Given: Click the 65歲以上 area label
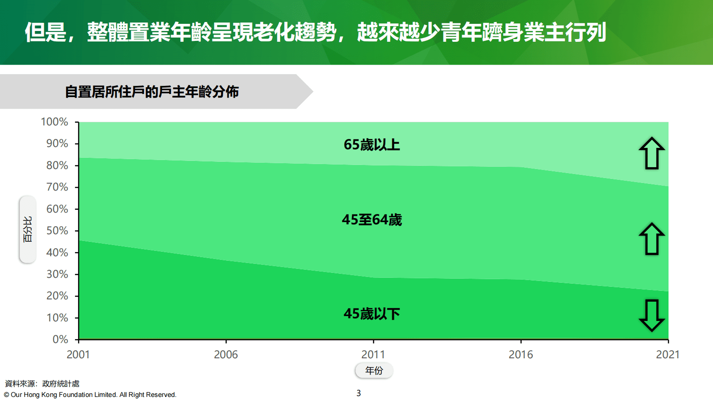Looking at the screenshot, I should [372, 145].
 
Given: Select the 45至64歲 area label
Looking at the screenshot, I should [372, 220].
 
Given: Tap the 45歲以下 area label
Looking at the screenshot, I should [372, 313].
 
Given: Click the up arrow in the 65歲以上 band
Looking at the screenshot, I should [651, 153].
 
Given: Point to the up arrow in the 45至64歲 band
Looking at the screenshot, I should [651, 239].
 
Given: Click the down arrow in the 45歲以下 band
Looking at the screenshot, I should [651, 315].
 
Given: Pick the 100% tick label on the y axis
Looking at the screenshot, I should [54, 122].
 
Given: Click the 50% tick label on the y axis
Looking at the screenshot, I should [57, 231].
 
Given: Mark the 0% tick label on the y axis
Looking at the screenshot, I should [60, 339].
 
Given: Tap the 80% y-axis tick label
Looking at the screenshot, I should [57, 165].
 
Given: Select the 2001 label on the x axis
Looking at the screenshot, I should [78, 355].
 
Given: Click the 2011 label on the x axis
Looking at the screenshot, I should [373, 355].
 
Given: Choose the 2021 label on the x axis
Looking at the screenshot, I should [668, 355].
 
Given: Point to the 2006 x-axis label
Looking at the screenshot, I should [226, 355].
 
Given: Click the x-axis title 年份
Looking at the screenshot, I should [374, 370].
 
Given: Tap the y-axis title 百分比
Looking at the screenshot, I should [28, 229].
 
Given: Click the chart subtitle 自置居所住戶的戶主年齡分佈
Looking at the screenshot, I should [152, 92].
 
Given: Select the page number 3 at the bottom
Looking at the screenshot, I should [359, 393].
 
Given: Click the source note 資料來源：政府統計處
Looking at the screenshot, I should [42, 383].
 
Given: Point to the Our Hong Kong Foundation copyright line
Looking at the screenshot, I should [90, 395].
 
